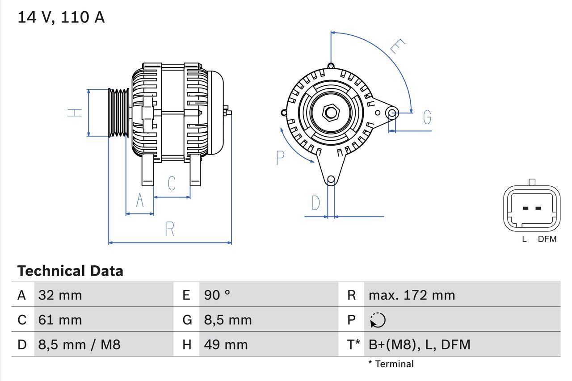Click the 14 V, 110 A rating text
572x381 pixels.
(61, 17)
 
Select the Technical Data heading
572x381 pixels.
(70, 271)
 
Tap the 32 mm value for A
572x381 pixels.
(60, 295)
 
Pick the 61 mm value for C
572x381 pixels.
(60, 320)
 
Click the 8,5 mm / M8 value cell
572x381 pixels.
(79, 344)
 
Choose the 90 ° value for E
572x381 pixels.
(217, 295)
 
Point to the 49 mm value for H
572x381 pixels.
(226, 344)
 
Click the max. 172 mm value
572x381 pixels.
(412, 295)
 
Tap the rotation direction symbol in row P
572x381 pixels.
(378, 320)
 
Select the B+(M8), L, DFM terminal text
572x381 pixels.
(419, 344)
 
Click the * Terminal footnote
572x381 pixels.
(391, 364)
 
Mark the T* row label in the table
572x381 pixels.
(353, 344)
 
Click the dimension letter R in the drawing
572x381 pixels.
(170, 229)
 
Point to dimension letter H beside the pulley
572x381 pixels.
(76, 112)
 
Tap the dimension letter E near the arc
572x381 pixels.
(397, 46)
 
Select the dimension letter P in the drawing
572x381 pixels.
(280, 158)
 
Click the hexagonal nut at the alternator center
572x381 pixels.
(331, 112)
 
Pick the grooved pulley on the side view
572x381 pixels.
(119, 112)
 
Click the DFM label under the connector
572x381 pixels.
(547, 239)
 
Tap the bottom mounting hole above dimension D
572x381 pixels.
(331, 180)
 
